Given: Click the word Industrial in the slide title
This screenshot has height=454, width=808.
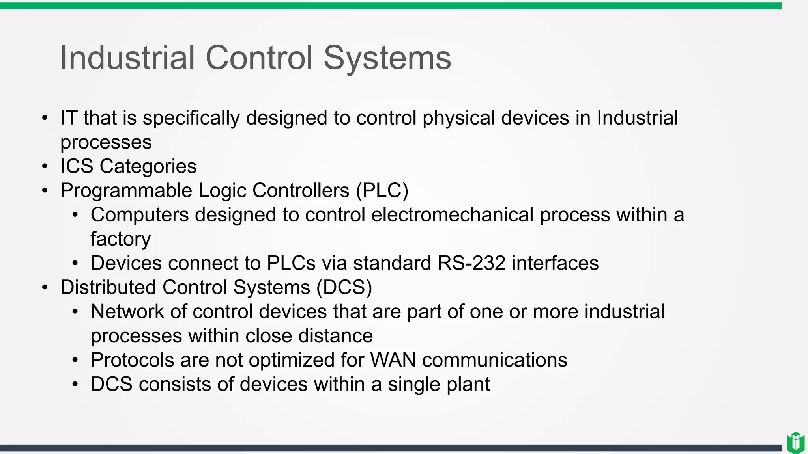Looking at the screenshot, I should (x=127, y=58).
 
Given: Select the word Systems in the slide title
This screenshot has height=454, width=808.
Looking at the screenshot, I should (x=387, y=58).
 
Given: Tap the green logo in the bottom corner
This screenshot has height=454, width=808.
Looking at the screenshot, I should (x=795, y=442).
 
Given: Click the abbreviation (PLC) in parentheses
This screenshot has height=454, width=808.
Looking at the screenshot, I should (x=382, y=191).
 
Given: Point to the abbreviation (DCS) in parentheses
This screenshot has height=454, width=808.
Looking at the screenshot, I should (x=344, y=287).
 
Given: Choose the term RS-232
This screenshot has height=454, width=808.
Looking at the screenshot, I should (x=471, y=263).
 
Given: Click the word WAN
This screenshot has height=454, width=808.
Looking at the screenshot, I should (x=393, y=360).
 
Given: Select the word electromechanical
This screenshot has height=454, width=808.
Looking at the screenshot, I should (x=452, y=215).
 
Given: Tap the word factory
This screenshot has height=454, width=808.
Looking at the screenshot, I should (x=120, y=239).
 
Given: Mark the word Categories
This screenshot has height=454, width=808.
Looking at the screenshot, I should (x=148, y=166).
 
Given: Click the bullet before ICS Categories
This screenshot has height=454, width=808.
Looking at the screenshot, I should (x=45, y=166).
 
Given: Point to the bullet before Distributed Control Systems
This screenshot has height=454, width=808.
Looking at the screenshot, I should (x=45, y=287).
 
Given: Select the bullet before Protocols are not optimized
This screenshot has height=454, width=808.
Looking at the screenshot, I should (x=75, y=360).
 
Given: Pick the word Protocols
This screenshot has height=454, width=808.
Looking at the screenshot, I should (x=133, y=360).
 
